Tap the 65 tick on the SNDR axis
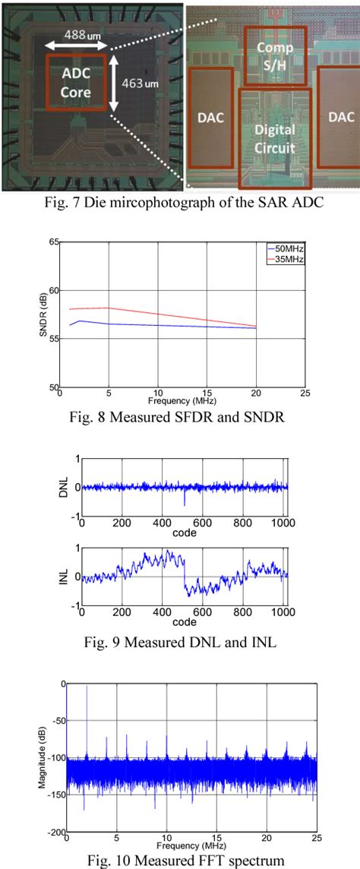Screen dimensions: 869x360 pos(54,242)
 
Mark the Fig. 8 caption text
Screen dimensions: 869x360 pos(179,416)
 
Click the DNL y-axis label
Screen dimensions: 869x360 pos(65,487)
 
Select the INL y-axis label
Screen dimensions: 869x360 pos(65,577)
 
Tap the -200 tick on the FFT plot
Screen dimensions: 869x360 pos(57,833)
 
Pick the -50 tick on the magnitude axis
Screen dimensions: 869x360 pos(58,721)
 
